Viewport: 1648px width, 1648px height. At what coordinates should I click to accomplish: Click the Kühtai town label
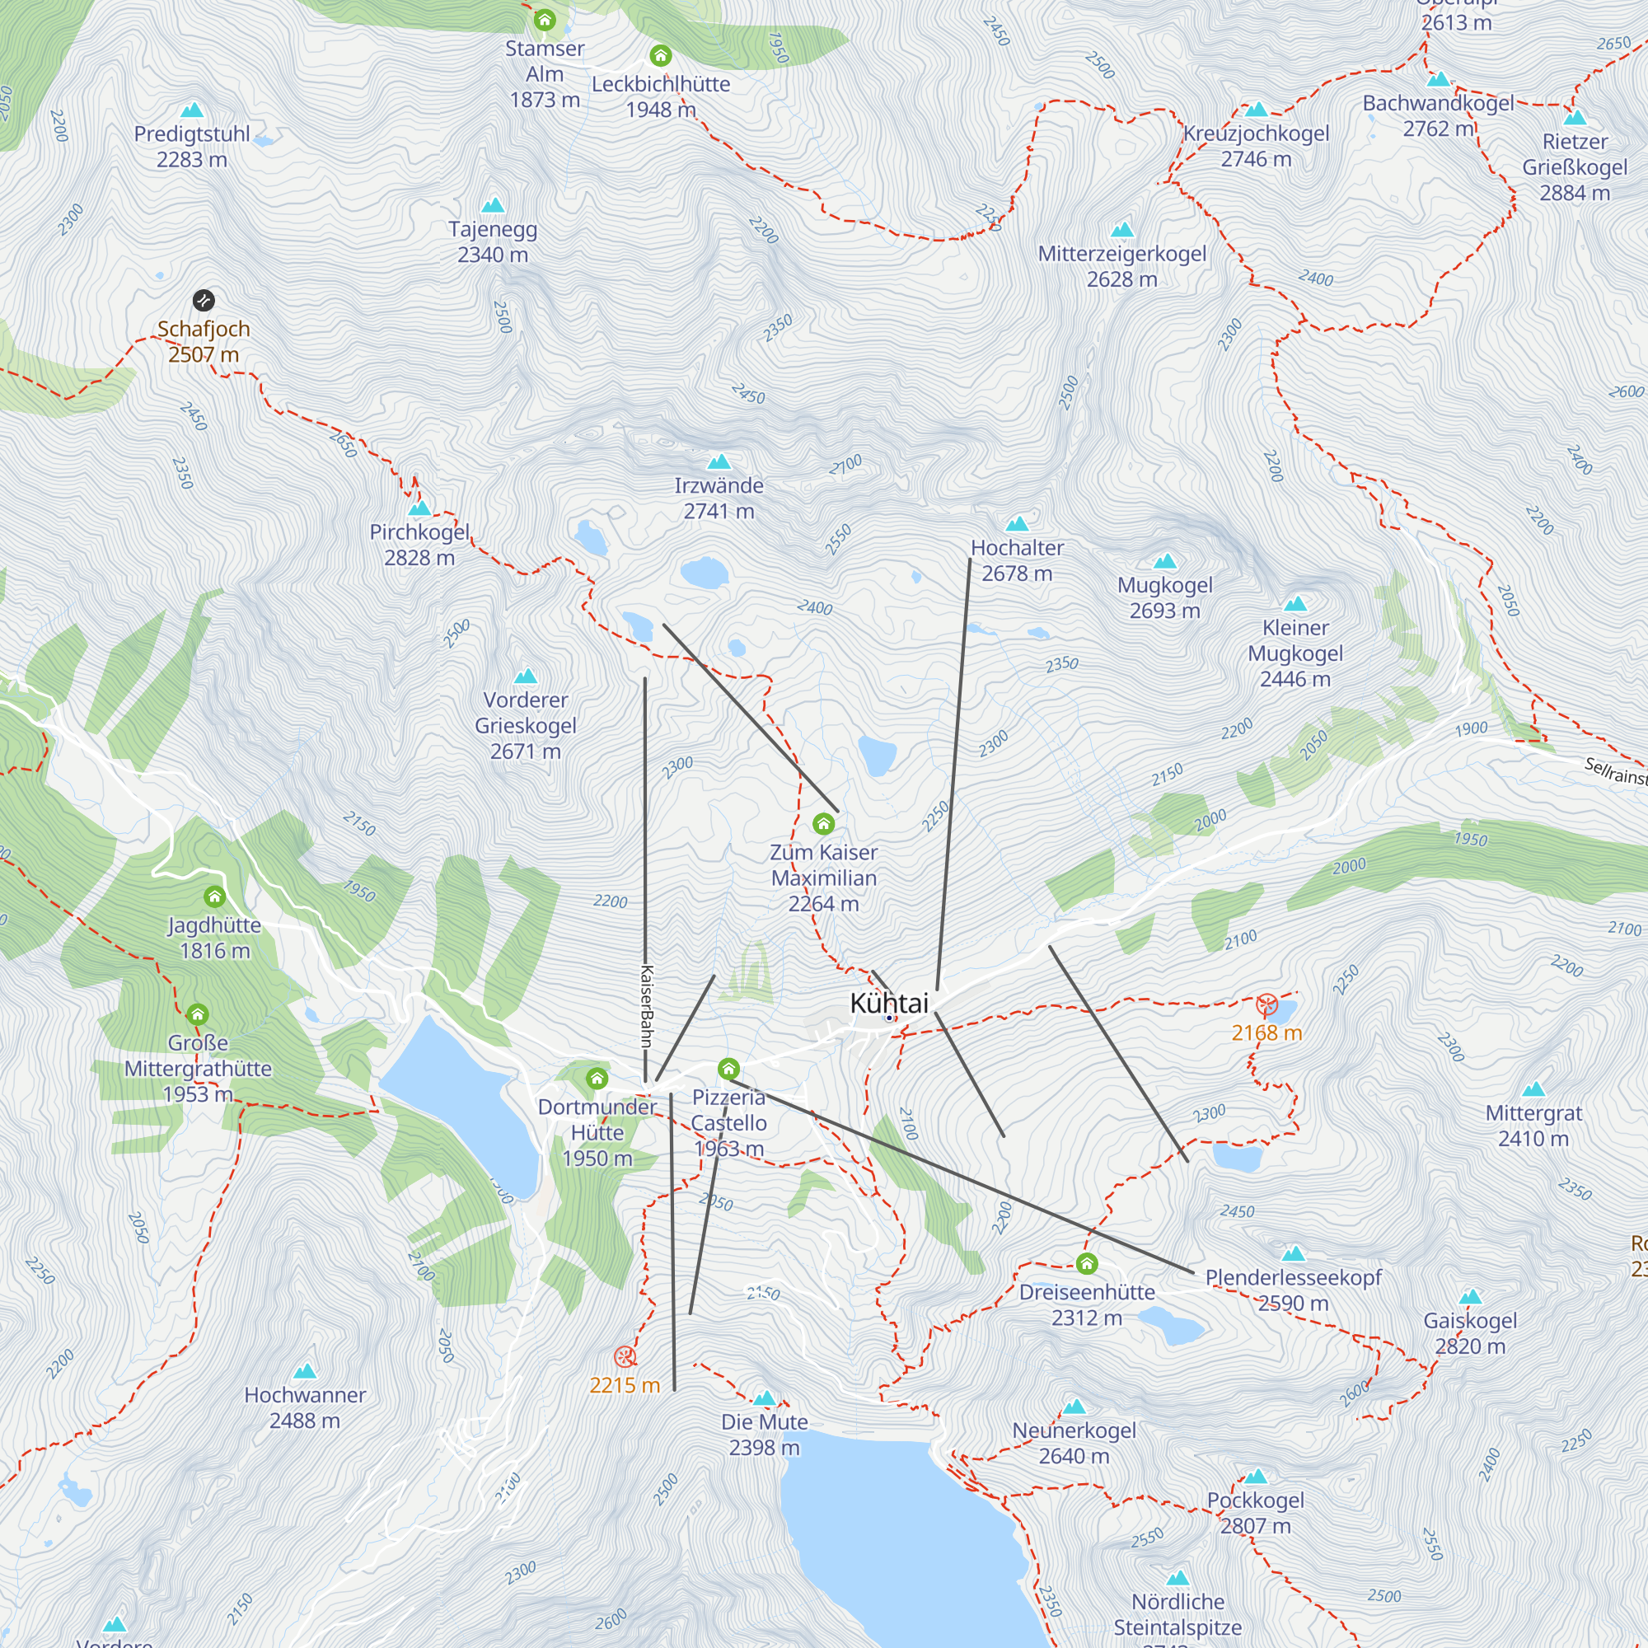(x=889, y=1003)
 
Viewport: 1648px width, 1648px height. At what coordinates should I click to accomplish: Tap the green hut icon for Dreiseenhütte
(x=1086, y=1263)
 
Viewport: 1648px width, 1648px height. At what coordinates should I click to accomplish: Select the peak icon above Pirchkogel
(x=419, y=508)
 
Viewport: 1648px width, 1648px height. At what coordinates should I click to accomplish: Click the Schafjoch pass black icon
(x=203, y=300)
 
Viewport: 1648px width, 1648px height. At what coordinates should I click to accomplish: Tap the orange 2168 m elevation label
(x=1266, y=1034)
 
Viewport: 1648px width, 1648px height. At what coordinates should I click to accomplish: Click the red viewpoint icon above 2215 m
(x=625, y=1356)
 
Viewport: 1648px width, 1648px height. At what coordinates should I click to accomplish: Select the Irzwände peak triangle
(x=719, y=462)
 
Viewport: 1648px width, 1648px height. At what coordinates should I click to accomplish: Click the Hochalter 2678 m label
(x=1017, y=560)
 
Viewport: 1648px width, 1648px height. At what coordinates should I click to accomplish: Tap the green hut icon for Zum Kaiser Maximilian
(x=823, y=824)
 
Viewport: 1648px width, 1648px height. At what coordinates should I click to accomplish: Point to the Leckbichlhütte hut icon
(x=660, y=56)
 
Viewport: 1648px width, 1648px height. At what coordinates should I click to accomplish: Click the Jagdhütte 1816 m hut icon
(x=214, y=897)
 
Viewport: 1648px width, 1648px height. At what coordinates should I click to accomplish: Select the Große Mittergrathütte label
(x=198, y=1068)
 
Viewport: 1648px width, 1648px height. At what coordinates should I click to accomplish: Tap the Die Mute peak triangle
(x=765, y=1398)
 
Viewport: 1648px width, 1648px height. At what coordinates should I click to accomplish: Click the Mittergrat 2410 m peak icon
(x=1533, y=1089)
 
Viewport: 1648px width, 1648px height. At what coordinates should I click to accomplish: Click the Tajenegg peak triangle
(x=493, y=205)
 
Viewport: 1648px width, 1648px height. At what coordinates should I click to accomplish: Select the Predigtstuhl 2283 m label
(x=192, y=147)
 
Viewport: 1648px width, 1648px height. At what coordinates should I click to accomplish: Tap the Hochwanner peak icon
(x=305, y=1372)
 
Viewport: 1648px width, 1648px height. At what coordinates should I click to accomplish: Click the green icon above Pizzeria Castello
(x=728, y=1069)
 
